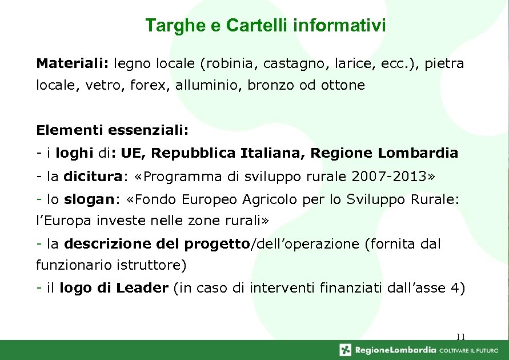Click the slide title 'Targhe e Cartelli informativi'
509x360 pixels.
click(265, 26)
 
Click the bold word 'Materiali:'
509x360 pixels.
click(73, 63)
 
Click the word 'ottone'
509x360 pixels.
click(343, 86)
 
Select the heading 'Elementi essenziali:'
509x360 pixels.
click(112, 130)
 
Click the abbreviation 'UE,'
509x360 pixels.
click(133, 153)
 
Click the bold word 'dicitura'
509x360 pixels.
click(93, 177)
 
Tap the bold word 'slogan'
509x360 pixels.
click(89, 199)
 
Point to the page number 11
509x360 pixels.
click(461, 337)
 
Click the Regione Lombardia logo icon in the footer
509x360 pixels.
click(346, 350)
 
